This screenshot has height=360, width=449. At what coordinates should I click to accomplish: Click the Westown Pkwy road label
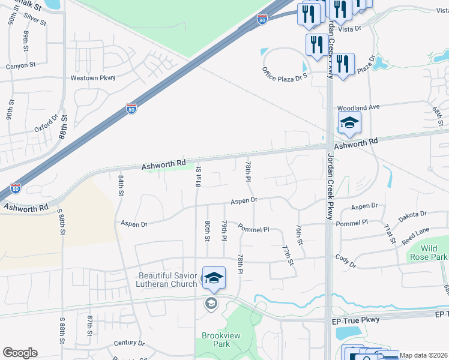92,78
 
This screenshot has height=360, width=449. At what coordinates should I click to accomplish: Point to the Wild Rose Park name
429,253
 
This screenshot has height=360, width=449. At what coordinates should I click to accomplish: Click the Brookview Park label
216,340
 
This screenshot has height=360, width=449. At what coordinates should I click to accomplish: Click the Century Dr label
125,343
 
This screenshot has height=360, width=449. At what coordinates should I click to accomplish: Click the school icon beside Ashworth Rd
349,124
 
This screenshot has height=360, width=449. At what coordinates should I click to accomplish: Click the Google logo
20,353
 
